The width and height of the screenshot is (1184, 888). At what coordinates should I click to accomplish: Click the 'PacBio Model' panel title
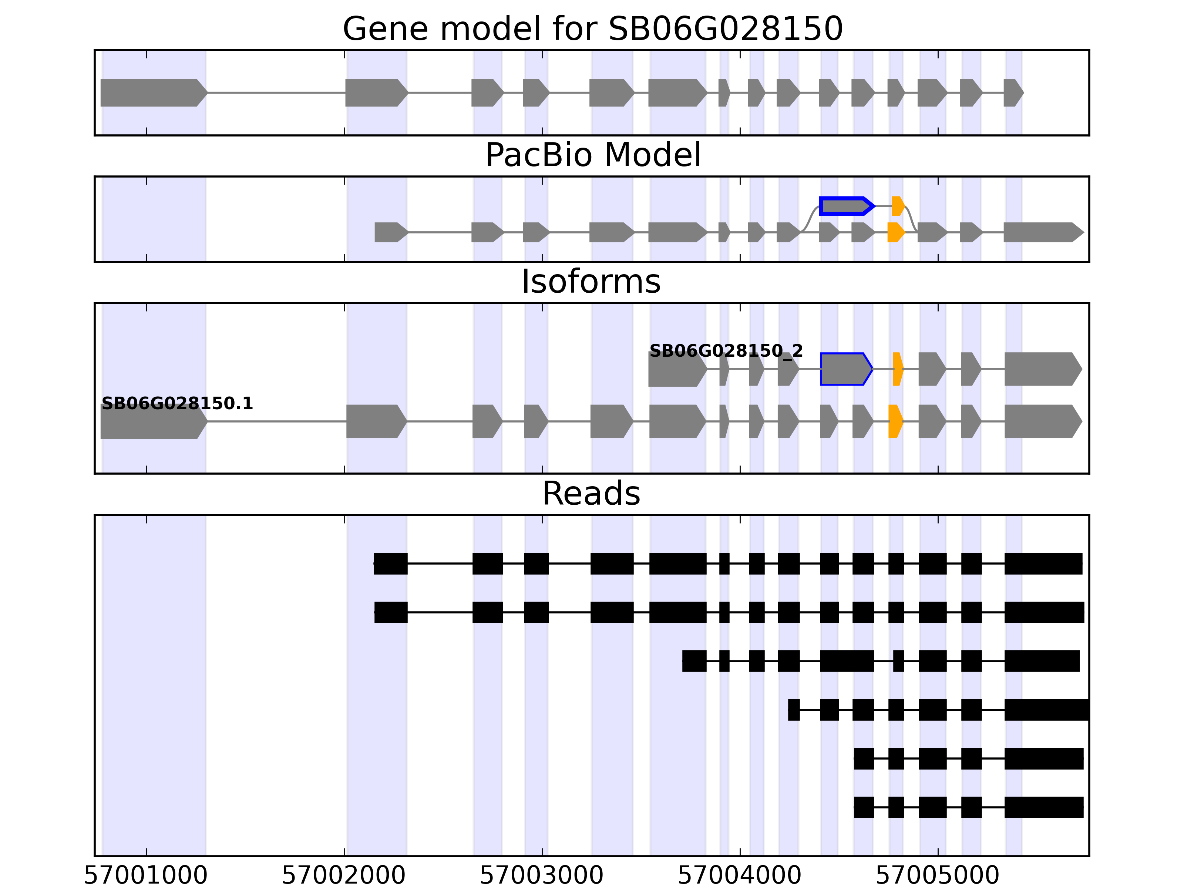592,155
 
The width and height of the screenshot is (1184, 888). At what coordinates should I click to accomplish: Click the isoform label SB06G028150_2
726,351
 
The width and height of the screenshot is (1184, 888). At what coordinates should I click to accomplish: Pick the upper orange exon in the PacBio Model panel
898,206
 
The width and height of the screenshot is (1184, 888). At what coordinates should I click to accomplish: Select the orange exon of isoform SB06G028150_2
898,369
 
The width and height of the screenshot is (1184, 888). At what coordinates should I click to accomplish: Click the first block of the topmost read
390,564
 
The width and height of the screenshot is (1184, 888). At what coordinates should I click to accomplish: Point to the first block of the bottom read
863,807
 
